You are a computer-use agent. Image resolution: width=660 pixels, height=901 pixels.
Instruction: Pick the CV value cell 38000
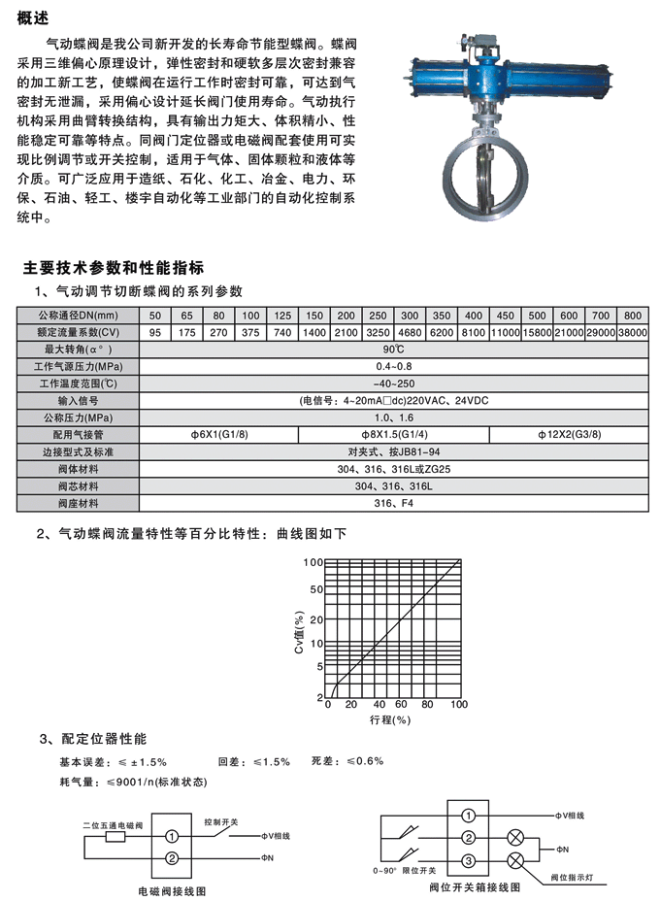click(x=632, y=332)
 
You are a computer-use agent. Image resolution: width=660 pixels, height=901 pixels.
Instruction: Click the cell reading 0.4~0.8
click(x=393, y=364)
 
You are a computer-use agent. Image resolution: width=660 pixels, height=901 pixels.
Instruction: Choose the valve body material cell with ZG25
click(x=393, y=469)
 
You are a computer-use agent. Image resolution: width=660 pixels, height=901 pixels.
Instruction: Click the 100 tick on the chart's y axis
click(x=313, y=562)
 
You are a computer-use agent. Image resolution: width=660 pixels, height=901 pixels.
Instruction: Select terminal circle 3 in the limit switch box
click(x=467, y=860)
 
